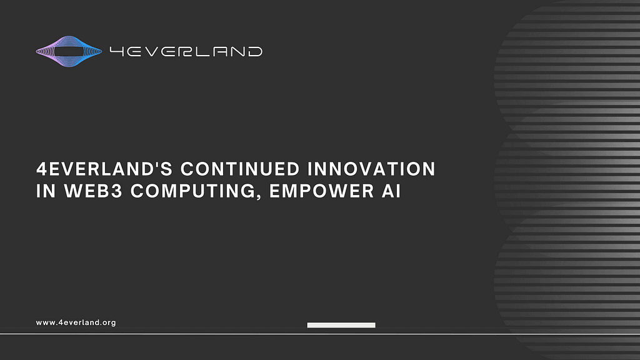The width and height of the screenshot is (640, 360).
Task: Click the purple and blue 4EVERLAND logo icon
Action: pos(69,51)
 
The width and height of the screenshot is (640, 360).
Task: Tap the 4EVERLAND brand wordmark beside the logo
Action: pos(186,51)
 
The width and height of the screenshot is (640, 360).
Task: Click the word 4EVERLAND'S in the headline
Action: pos(105,169)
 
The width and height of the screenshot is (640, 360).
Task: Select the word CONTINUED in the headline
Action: pos(240,169)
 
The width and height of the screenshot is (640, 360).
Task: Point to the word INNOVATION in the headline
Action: pos(371,169)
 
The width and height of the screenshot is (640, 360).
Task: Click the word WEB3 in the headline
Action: pos(94,191)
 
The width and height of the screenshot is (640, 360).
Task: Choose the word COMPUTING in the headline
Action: pos(192,191)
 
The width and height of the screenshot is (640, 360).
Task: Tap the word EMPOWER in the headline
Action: pos(322,191)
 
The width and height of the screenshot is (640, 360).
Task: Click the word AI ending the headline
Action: pos(391,191)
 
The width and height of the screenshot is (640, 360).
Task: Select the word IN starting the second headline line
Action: pos(46,191)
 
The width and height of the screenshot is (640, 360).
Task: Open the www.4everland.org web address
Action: pos(76,322)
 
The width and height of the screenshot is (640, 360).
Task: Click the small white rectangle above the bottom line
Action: pos(341,325)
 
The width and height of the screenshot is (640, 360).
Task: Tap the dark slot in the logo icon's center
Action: pos(69,51)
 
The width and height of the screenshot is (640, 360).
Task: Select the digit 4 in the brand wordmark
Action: pos(117,51)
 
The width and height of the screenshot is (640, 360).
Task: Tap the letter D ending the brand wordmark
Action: pos(255,51)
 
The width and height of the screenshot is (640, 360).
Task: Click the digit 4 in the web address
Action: pos(61,322)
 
